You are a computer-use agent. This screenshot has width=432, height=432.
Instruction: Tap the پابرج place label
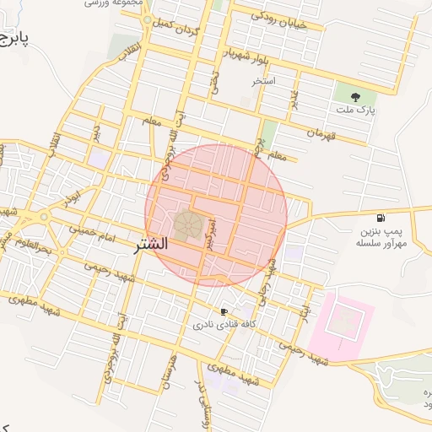click(x=14, y=40)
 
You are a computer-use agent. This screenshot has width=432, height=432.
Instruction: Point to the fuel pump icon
click(x=382, y=218)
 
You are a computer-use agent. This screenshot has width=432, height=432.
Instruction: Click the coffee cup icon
click(x=224, y=310)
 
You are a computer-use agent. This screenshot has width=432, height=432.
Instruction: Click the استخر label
click(x=264, y=82)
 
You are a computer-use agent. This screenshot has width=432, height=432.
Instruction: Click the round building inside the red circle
click(x=187, y=225)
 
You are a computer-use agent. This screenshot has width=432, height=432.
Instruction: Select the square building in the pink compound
click(x=343, y=321)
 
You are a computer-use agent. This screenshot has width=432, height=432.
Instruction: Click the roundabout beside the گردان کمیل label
click(x=147, y=19)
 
